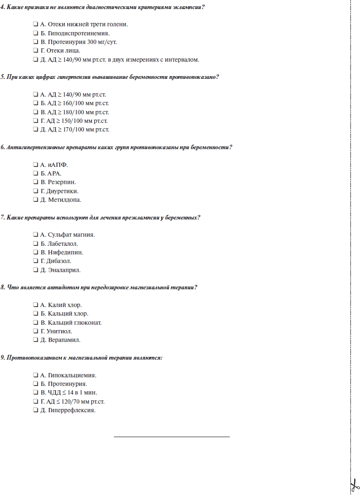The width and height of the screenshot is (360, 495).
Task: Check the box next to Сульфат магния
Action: point(35,235)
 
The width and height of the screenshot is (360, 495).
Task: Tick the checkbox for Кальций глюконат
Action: point(35,322)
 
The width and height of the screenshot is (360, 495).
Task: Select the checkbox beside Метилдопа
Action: point(35,199)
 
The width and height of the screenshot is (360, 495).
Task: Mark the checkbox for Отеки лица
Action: point(35,50)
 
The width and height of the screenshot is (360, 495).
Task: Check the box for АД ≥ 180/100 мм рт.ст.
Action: point(35,112)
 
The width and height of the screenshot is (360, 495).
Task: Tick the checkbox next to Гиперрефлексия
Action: point(35,410)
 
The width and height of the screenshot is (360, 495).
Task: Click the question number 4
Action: point(2,7)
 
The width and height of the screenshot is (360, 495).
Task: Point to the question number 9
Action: point(2,357)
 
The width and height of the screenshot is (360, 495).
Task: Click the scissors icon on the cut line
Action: point(353,484)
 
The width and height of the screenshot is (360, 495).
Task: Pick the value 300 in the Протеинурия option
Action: point(93,42)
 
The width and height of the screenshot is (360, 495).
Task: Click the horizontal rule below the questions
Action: point(172,436)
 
